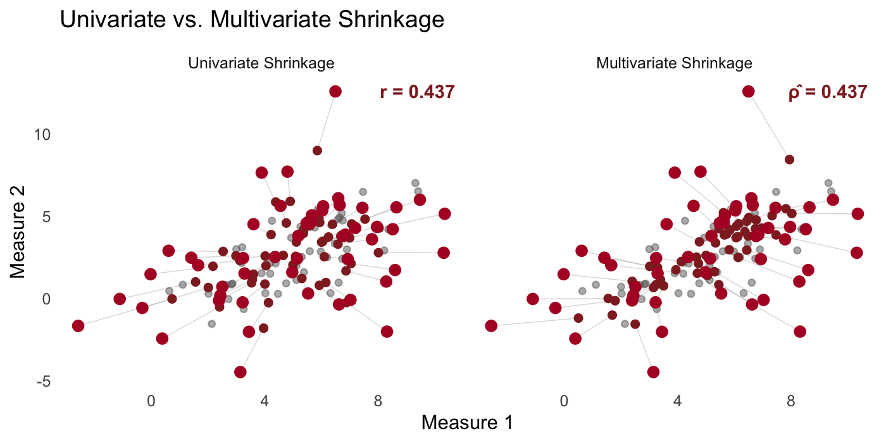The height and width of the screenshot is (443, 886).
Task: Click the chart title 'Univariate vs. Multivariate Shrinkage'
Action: pyautogui.click(x=252, y=20)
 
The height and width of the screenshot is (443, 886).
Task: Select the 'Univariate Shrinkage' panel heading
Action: pyautogui.click(x=261, y=63)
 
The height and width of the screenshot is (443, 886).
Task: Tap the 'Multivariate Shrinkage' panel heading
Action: pyautogui.click(x=675, y=63)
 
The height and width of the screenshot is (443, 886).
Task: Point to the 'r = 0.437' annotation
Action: pyautogui.click(x=417, y=92)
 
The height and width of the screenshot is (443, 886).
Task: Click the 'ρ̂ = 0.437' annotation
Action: pyautogui.click(x=827, y=92)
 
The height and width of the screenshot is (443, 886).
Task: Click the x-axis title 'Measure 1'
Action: pyautogui.click(x=467, y=423)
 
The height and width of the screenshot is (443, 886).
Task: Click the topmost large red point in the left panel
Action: pyautogui.click(x=335, y=91)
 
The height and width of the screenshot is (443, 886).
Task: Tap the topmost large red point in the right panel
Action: pyautogui.click(x=748, y=91)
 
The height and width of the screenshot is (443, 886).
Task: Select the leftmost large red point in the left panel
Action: pyautogui.click(x=78, y=326)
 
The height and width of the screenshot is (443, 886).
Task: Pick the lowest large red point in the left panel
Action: pyautogui.click(x=240, y=371)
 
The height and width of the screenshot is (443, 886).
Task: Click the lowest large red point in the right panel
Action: pyautogui.click(x=653, y=371)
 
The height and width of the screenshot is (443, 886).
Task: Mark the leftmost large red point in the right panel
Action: pyautogui.click(x=491, y=326)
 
